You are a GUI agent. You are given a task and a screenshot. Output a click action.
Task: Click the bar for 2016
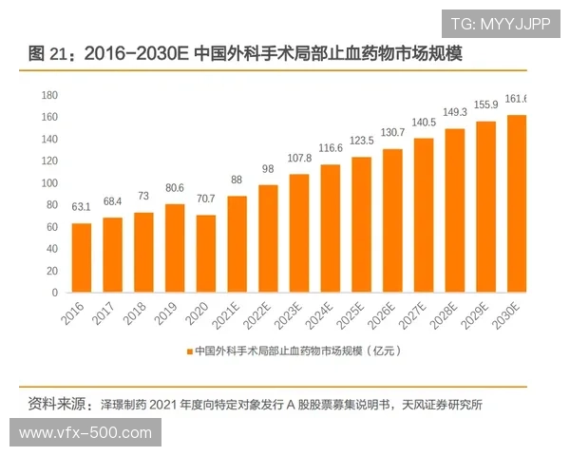82,257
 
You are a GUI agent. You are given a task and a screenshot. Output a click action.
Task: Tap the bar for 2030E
516,203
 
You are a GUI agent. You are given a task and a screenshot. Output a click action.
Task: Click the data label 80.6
174,188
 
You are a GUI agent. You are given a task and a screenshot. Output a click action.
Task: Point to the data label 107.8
298,158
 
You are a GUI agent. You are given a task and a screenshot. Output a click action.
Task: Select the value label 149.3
454,112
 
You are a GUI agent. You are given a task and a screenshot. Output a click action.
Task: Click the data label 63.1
82,207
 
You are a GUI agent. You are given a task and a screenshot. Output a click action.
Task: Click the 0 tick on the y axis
55,293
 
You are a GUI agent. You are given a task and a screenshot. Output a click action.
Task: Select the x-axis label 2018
140,313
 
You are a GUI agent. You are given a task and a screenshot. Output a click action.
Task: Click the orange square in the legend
189,351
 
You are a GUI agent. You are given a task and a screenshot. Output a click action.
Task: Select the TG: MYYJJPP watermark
500,24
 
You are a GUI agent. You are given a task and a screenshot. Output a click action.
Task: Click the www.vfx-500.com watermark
85,433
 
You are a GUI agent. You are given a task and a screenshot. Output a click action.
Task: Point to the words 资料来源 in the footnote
58,403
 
